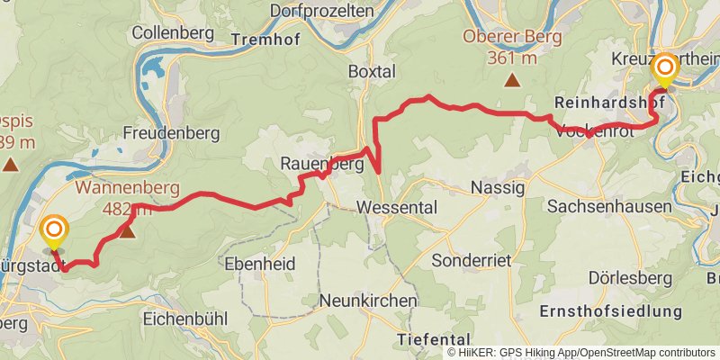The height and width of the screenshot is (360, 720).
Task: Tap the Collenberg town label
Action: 172,32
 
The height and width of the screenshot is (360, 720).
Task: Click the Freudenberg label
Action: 172,133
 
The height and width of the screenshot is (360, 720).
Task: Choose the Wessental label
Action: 397,207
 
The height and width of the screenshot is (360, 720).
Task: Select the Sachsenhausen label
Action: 610,206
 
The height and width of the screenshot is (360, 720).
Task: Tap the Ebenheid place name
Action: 260,265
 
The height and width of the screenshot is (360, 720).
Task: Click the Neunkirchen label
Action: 368,300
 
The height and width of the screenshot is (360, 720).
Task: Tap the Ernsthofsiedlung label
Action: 610,311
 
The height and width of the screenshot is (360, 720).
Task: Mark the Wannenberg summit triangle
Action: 127,231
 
